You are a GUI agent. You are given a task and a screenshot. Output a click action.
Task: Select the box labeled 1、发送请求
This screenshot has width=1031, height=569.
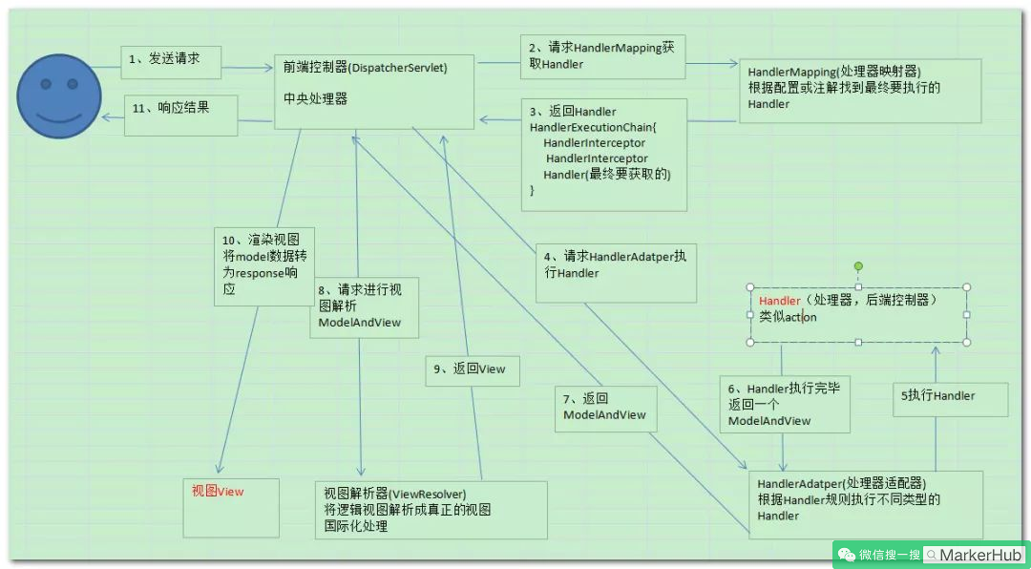point(171,60)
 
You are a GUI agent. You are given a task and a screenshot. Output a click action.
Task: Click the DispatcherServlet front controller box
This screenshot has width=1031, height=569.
point(373,89)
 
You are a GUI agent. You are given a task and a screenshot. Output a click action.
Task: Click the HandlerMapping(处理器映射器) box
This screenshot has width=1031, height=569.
point(860,89)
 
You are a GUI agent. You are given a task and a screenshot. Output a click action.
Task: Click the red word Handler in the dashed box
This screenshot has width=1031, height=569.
point(779,301)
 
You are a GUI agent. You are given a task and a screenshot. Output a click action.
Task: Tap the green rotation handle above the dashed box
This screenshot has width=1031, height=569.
point(858,266)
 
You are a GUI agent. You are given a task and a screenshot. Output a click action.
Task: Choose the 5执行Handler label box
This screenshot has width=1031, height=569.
point(938,396)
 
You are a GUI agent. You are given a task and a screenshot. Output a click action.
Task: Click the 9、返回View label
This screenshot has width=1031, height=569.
point(473,369)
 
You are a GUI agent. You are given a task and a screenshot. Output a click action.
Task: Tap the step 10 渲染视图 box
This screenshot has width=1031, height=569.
point(263,265)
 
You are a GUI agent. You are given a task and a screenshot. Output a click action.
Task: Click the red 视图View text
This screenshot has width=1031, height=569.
point(218,492)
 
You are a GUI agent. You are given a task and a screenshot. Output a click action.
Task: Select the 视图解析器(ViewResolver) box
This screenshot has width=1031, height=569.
point(431,510)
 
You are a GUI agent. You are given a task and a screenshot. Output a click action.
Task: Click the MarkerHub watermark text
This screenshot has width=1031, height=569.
point(980,555)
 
